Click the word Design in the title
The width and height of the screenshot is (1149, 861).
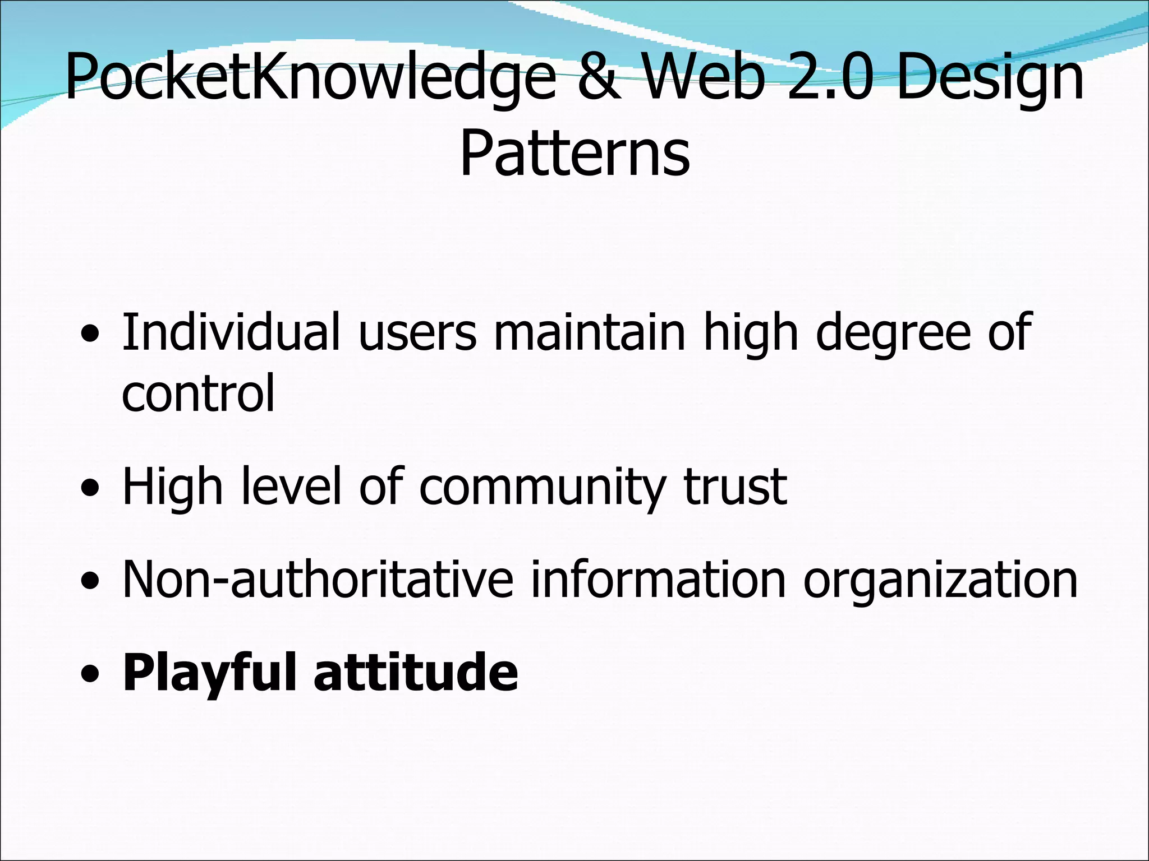(x=990, y=78)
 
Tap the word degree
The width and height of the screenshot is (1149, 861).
(x=893, y=334)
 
